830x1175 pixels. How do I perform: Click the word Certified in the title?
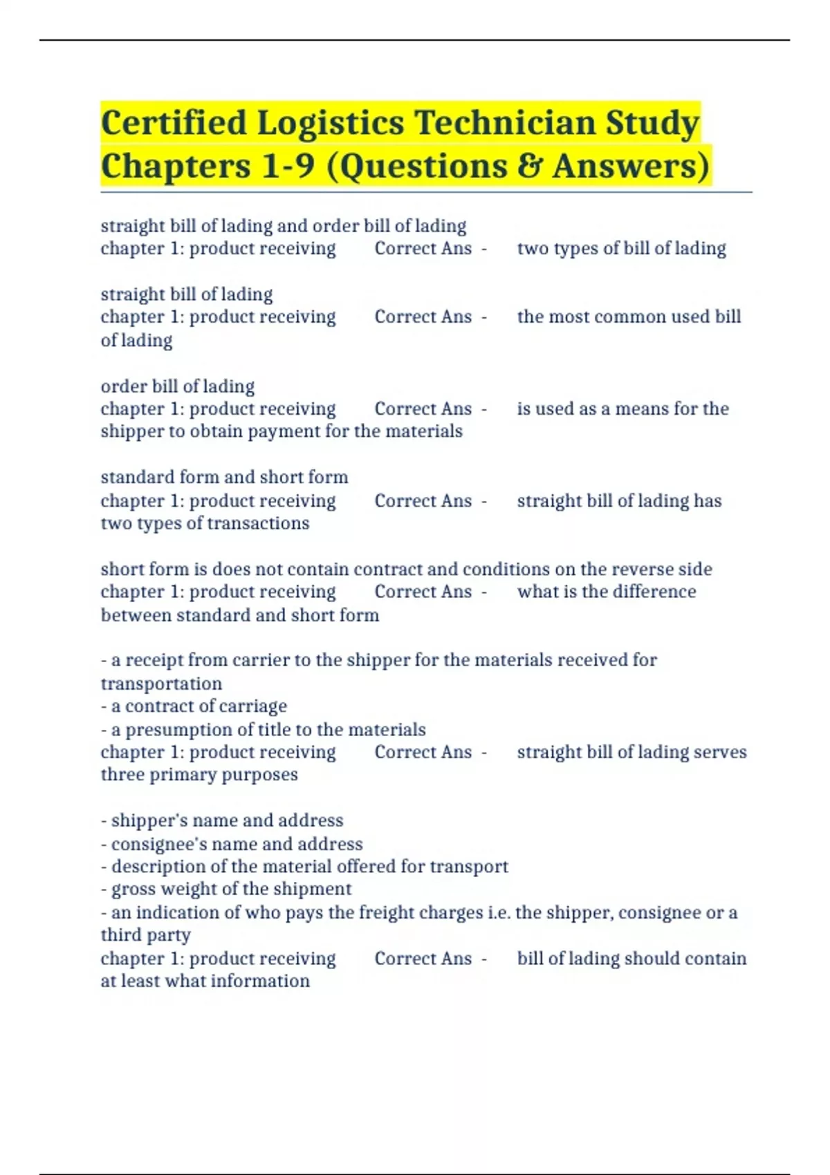[174, 124]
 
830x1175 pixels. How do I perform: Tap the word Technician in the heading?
[504, 124]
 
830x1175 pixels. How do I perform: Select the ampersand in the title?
[528, 167]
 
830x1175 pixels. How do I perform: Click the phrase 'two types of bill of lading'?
[621, 249]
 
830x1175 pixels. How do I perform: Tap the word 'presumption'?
[178, 730]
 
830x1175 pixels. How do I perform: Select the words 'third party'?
[145, 936]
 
